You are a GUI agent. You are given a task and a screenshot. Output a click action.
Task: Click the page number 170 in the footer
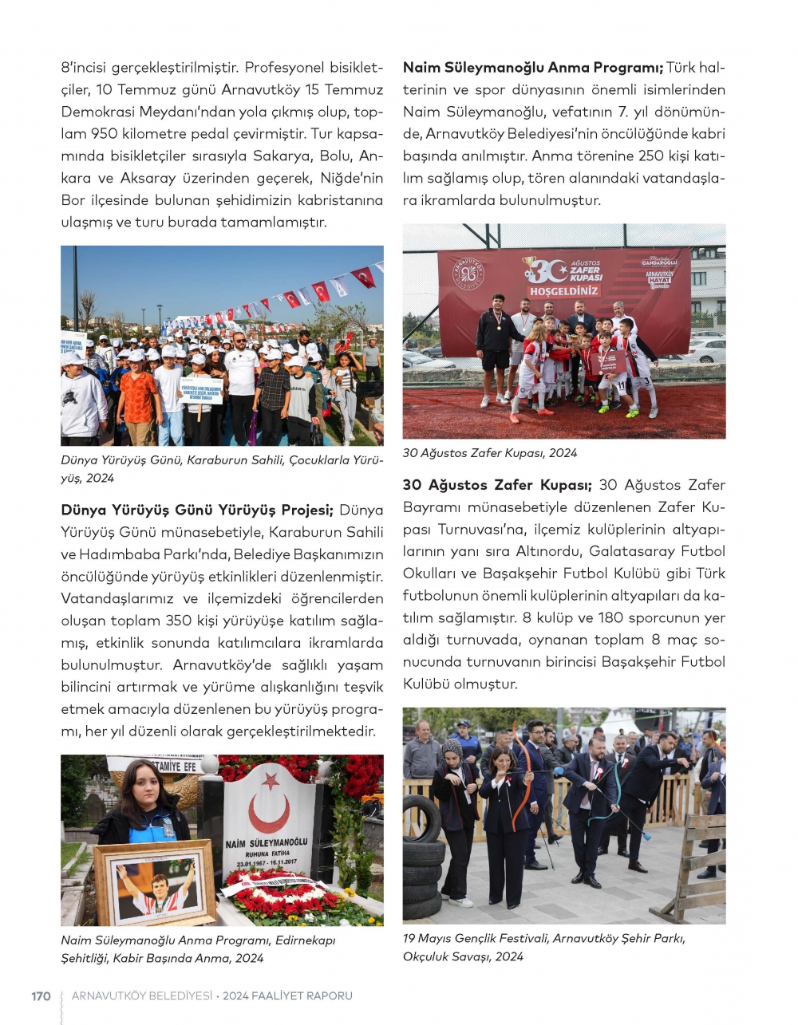click(41, 995)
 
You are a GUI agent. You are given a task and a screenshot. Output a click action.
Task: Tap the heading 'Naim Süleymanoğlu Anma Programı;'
click(532, 68)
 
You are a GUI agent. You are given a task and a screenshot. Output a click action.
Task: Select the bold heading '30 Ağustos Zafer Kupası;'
click(497, 485)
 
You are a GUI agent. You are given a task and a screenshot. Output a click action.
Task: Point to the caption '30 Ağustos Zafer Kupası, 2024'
click(489, 453)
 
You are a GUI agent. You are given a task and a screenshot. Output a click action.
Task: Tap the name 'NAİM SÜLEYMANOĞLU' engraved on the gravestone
click(267, 843)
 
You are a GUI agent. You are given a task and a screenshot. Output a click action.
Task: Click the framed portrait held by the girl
click(154, 884)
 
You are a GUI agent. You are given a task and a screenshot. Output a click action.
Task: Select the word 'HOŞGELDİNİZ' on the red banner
click(564, 291)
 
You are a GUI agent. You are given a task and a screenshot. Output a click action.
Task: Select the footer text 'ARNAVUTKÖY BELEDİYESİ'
click(142, 995)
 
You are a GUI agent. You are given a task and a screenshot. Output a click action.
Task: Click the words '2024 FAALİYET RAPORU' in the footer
click(287, 995)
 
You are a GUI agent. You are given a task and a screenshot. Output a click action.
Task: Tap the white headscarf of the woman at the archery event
click(452, 749)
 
